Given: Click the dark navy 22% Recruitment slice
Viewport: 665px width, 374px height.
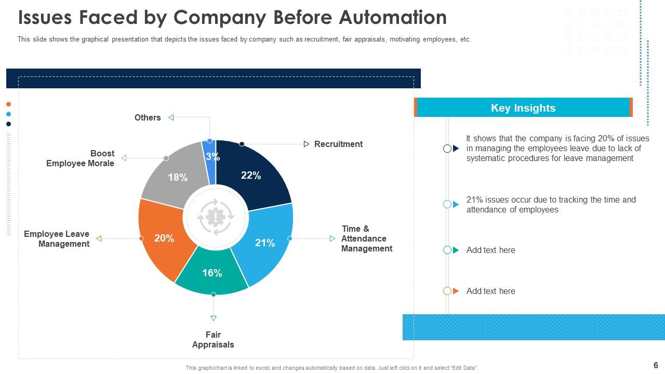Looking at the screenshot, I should [x=255, y=174].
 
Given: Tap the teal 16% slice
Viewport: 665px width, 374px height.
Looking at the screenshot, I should [x=212, y=274].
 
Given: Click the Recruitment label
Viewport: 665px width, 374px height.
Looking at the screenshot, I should [x=338, y=144].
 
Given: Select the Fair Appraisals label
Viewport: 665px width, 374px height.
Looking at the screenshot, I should [x=213, y=340].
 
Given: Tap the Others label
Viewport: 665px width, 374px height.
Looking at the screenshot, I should [x=148, y=117].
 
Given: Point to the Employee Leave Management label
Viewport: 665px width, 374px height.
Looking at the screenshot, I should [x=57, y=239].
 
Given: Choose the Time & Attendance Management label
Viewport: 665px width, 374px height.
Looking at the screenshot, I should [x=366, y=238].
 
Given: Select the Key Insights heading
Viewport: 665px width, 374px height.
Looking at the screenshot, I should [x=523, y=108].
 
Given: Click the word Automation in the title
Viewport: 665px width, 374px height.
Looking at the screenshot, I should [x=392, y=18].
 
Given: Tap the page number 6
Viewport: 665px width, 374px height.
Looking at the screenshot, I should [x=656, y=365].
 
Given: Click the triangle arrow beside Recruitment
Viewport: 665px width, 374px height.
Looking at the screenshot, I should [x=307, y=144].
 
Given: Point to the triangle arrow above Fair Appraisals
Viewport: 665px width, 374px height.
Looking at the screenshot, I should [x=213, y=318].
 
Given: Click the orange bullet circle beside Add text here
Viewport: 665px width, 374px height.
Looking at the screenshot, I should [x=447, y=291].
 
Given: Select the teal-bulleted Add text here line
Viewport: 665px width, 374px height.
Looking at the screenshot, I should [x=490, y=250].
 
